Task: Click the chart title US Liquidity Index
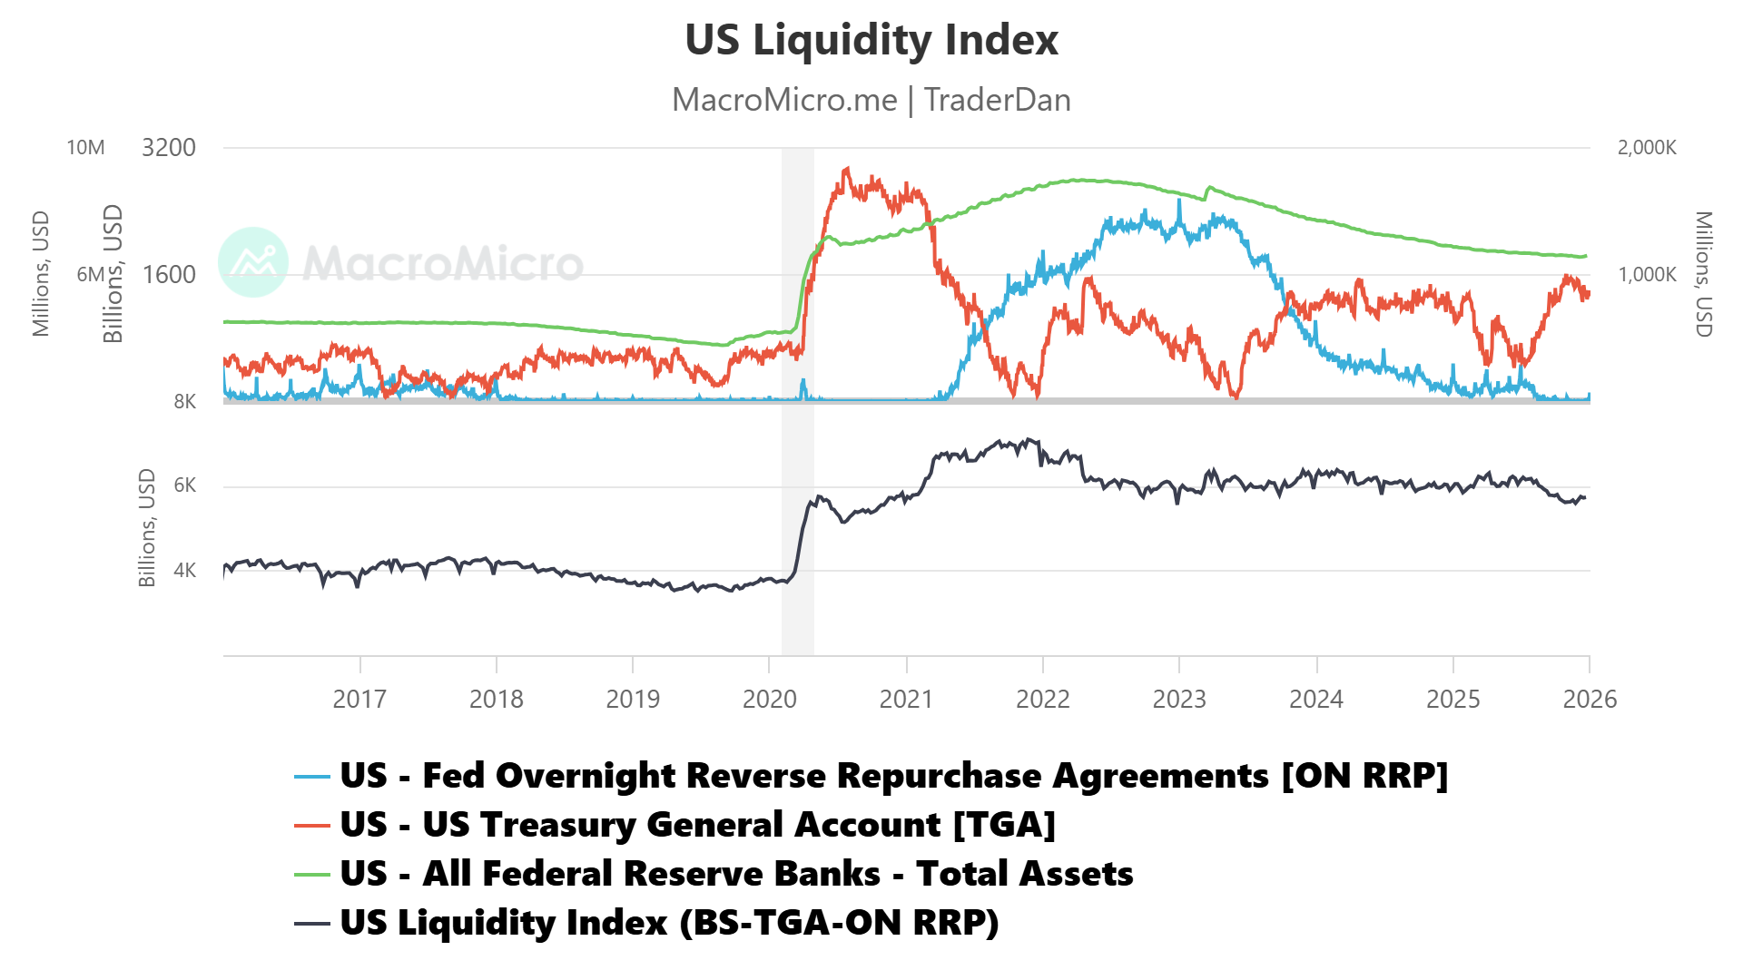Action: pos(871,40)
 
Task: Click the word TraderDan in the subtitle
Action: pos(997,100)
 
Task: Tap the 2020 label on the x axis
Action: pos(769,699)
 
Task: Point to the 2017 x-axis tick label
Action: pos(359,699)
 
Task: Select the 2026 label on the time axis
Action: pos(1589,699)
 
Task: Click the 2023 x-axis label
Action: pos(1178,699)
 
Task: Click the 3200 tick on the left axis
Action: pos(169,148)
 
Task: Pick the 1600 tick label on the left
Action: pos(169,274)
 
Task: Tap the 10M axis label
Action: pos(85,148)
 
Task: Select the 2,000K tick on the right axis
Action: pos(1646,148)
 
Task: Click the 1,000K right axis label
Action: pos(1646,274)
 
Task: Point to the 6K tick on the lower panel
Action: pos(184,485)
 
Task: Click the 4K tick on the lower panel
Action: pos(184,570)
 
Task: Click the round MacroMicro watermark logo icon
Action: pos(253,262)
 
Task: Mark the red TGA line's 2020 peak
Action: pos(846,168)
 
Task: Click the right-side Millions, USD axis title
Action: pos(1703,274)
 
